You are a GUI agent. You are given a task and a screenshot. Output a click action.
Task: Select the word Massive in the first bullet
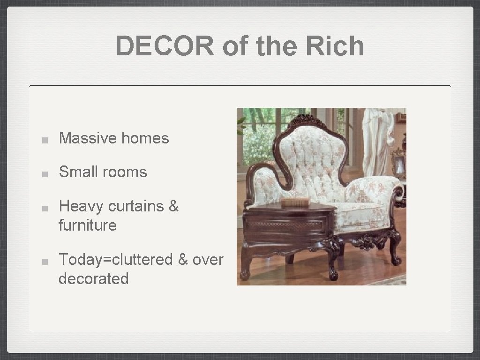88,138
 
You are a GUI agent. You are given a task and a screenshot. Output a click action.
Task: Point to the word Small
77,172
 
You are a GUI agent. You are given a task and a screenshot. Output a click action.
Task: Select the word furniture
87,225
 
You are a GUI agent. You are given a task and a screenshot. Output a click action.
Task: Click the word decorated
93,278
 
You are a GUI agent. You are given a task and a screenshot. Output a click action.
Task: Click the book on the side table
295,202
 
